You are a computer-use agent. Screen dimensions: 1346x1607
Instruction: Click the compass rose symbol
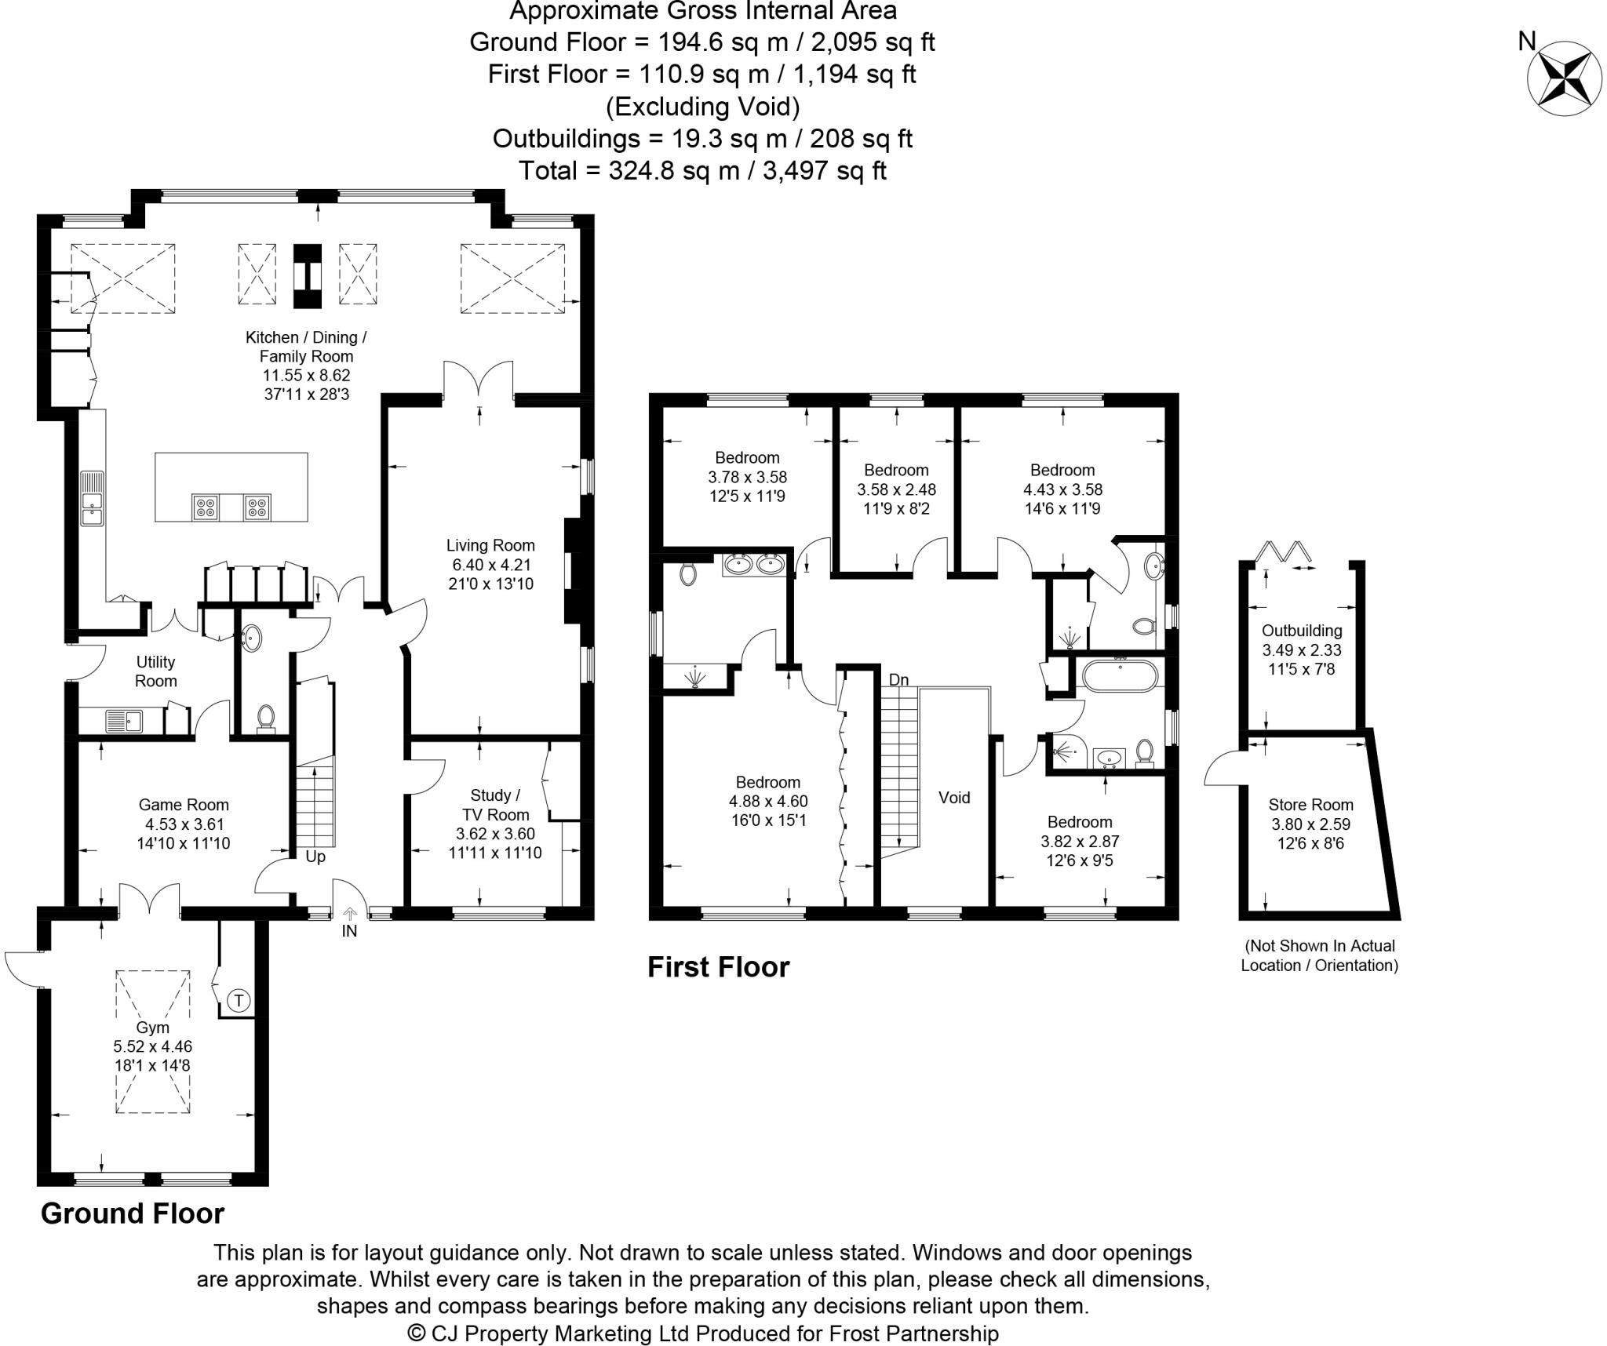(x=1553, y=78)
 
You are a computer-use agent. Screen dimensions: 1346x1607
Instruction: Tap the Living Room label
(x=490, y=545)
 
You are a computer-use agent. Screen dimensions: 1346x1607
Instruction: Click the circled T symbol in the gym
(x=239, y=1000)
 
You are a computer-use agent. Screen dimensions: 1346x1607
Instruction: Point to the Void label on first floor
(x=954, y=798)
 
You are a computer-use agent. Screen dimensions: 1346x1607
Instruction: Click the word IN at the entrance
(x=349, y=931)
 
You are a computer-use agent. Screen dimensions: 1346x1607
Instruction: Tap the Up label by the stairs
(x=315, y=857)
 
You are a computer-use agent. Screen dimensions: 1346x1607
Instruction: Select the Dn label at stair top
(x=898, y=679)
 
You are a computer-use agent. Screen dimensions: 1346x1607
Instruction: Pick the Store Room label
(x=1310, y=805)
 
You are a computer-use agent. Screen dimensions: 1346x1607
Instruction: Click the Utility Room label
(x=155, y=671)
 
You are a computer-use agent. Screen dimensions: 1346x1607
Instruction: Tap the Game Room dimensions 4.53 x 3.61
(x=184, y=824)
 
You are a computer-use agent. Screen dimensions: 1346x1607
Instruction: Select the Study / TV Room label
(x=495, y=805)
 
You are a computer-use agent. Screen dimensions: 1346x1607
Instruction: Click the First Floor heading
(x=718, y=967)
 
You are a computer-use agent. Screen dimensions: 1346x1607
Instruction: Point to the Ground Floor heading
(x=133, y=1213)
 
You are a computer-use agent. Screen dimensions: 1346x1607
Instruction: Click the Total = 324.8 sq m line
(x=702, y=170)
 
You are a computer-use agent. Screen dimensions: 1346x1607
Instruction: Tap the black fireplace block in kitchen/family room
(x=307, y=276)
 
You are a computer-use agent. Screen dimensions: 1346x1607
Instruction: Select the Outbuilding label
(x=1302, y=631)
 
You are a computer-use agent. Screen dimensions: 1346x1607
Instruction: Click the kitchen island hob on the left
(x=206, y=507)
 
